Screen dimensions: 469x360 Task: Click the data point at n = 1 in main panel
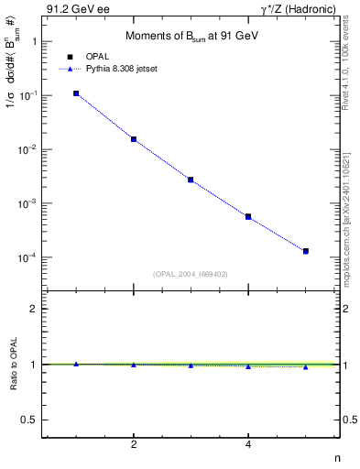tap(76, 93)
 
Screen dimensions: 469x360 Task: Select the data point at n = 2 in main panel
tap(134, 139)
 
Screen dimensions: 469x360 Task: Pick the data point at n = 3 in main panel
tap(191, 180)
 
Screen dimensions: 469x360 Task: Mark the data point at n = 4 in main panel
tap(248, 217)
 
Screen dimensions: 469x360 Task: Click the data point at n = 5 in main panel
tap(306, 251)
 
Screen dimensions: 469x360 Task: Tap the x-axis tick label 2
tap(134, 445)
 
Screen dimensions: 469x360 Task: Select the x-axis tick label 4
tap(248, 445)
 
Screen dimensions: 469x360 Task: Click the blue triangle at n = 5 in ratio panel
tap(306, 366)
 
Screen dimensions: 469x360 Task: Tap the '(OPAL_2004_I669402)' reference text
tap(190, 273)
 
